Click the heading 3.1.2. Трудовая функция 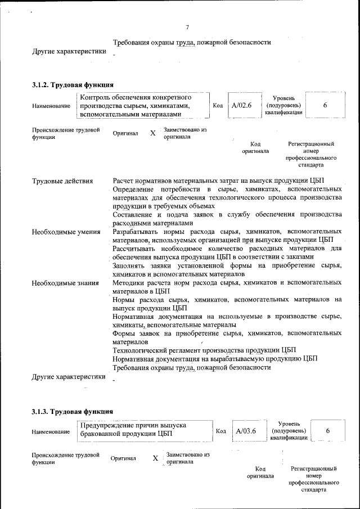click(73, 85)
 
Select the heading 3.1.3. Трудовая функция click(73, 412)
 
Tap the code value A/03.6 click(246, 431)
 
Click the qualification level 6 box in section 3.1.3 click(327, 431)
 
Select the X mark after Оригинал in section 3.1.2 click(153, 134)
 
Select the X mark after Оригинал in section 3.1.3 click(155, 458)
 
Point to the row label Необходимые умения click(66, 232)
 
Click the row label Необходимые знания click(65, 282)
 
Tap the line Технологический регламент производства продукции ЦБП click(204, 349)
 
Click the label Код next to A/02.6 click(218, 105)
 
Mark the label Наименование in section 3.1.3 click(51, 432)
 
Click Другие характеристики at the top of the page click(69, 52)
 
